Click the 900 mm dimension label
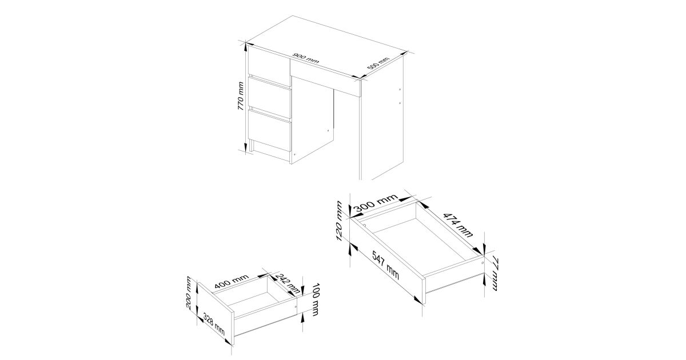306,58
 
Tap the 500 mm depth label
378,63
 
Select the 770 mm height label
241,96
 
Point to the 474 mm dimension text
458,225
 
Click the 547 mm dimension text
385,265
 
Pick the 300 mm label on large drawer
376,203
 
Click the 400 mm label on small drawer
232,281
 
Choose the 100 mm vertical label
315,299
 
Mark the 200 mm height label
189,293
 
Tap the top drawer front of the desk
269,66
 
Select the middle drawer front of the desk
269,97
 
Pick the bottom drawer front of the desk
269,130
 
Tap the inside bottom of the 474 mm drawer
420,242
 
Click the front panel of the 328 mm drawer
216,314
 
